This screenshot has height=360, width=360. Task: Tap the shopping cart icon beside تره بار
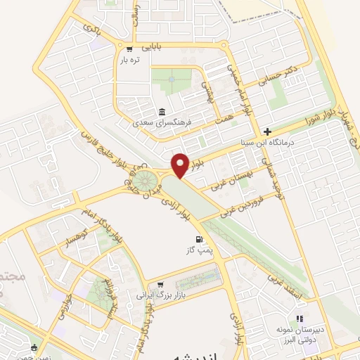(x=129, y=49)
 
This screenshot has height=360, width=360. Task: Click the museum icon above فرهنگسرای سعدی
(x=162, y=112)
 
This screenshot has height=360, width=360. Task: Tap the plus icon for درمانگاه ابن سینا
(x=267, y=131)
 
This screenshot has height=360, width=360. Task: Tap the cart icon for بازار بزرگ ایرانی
(x=160, y=283)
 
